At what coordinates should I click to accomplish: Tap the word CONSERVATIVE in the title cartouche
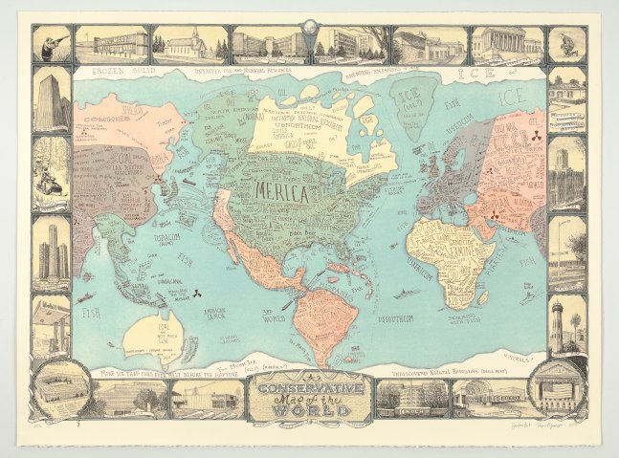point(309,388)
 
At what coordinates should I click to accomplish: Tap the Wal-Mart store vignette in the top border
point(112,44)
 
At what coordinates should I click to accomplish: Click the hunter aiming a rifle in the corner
point(51,44)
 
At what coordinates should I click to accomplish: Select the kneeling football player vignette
point(566,44)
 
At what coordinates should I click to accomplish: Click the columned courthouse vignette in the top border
point(504,44)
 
